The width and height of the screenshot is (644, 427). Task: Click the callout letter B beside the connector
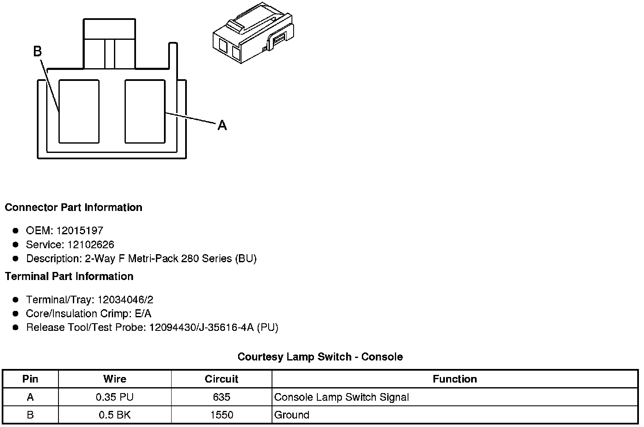(37, 51)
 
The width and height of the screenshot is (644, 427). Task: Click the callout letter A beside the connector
(222, 125)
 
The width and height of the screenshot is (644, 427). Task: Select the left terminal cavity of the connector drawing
(79, 111)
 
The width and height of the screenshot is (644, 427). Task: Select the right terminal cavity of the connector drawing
(145, 111)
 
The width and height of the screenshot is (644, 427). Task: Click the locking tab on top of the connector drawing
(110, 44)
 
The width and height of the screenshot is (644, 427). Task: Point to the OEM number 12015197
(80, 231)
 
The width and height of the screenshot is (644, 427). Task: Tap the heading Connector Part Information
(73, 208)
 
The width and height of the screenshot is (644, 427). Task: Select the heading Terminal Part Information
(69, 277)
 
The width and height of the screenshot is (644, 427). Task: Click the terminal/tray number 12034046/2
(125, 300)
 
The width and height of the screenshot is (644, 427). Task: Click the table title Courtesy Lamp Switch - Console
(320, 357)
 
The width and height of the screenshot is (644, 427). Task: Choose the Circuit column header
(221, 379)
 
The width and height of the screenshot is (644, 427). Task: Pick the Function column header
(455, 379)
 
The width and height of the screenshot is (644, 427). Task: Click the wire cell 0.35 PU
(114, 397)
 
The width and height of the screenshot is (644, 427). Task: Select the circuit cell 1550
(221, 415)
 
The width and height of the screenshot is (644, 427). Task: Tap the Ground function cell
(292, 415)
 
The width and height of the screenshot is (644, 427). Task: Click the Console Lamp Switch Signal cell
(341, 397)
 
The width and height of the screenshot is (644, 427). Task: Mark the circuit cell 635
(221, 397)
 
